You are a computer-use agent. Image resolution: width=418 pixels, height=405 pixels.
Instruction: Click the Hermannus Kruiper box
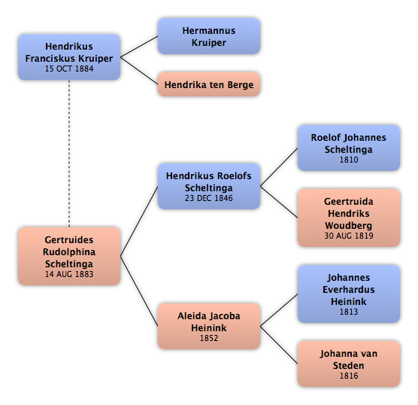pyautogui.click(x=209, y=36)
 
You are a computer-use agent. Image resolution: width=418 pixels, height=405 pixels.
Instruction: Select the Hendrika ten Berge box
pyautogui.click(x=209, y=84)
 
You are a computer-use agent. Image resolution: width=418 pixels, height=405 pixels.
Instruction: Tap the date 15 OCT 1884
pyautogui.click(x=69, y=69)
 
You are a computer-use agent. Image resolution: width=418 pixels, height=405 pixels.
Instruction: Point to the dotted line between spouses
pyautogui.click(x=69, y=154)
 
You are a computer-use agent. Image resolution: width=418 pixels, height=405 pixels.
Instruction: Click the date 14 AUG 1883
pyautogui.click(x=69, y=274)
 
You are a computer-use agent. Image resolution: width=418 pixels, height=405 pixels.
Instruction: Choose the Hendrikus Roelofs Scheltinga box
pyautogui.click(x=209, y=186)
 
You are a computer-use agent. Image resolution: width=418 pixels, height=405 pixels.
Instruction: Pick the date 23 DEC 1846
pyautogui.click(x=209, y=198)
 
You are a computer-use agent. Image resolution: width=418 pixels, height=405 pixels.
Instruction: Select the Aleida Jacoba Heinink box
pyautogui.click(x=209, y=326)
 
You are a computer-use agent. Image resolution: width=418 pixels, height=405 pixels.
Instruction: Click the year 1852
pyautogui.click(x=209, y=338)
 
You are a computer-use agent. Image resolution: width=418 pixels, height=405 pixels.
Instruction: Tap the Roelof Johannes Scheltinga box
pyautogui.click(x=349, y=148)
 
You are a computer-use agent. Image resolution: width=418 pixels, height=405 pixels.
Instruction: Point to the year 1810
pyautogui.click(x=349, y=160)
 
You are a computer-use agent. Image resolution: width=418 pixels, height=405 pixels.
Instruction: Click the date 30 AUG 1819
pyautogui.click(x=349, y=236)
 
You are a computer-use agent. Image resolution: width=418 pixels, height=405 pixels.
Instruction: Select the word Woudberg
pyautogui.click(x=349, y=226)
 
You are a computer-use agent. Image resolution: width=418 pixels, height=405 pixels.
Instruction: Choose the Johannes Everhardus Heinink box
pyautogui.click(x=349, y=294)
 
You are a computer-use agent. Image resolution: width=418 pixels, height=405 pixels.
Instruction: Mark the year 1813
pyautogui.click(x=349, y=312)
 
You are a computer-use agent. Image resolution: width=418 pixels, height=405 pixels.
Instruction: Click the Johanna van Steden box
pyautogui.click(x=349, y=364)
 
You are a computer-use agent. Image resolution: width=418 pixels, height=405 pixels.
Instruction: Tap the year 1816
pyautogui.click(x=349, y=376)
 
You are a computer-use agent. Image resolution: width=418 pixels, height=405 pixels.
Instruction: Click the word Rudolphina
pyautogui.click(x=69, y=252)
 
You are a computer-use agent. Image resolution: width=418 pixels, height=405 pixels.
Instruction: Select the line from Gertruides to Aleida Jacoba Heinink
pyautogui.click(x=139, y=291)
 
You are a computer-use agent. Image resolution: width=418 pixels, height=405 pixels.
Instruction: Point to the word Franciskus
pyautogui.click(x=50, y=59)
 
